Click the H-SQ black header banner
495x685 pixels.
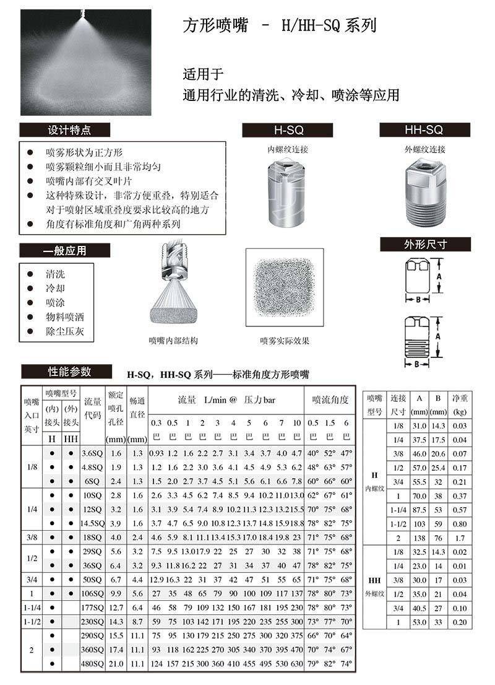pos(287,130)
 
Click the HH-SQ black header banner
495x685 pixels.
pos(424,130)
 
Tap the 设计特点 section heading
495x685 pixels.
pos(65,130)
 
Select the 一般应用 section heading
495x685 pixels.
pos(65,251)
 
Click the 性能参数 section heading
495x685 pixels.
pos(67,372)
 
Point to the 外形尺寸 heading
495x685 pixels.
pos(426,244)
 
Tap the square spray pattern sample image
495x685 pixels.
pos(285,288)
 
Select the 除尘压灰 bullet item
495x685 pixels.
pos(60,331)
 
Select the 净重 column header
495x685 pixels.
pos(459,400)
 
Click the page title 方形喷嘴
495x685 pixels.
pos(215,26)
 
